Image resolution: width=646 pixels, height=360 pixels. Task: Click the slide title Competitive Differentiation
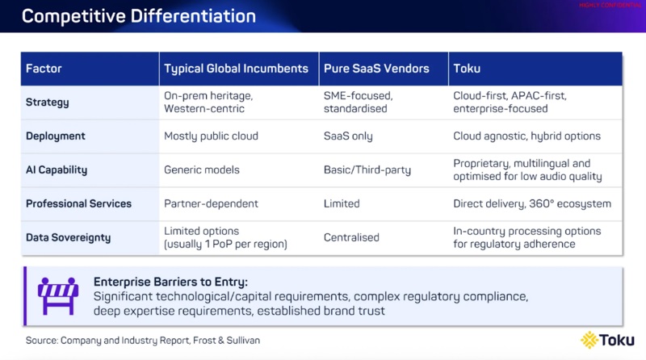click(x=139, y=16)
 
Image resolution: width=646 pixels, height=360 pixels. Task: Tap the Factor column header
click(x=44, y=69)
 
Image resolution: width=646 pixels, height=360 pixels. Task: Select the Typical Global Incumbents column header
click(x=235, y=69)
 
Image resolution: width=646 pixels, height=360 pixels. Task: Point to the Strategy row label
click(x=48, y=103)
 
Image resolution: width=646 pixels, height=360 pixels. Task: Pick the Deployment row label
click(x=57, y=136)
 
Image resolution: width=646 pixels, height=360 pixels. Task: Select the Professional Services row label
click(x=78, y=203)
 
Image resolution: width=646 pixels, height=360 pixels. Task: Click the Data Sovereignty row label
click(x=69, y=238)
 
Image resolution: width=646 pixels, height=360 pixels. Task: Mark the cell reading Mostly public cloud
click(x=211, y=136)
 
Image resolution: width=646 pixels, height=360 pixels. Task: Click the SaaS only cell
click(x=348, y=136)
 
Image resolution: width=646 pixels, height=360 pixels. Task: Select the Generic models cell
click(x=202, y=170)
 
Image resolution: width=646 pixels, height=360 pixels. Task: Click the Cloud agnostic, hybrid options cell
click(x=526, y=136)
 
